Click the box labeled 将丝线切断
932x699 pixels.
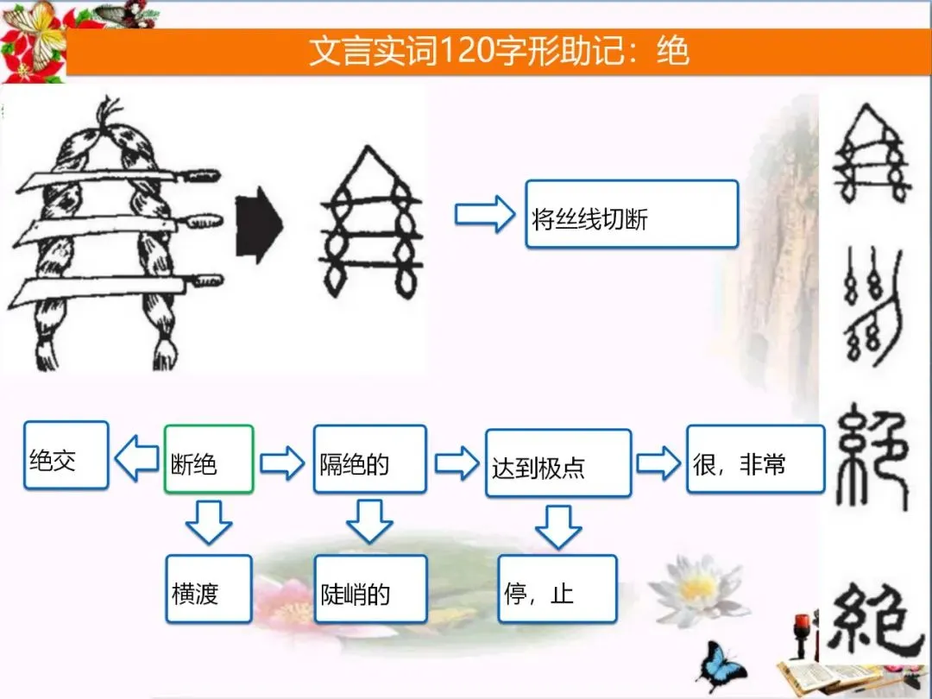point(632,214)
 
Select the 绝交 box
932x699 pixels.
point(66,455)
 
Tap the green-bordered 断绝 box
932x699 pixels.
point(209,459)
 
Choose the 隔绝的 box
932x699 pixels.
point(369,463)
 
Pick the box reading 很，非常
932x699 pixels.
point(755,459)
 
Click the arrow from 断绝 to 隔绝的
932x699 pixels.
point(282,463)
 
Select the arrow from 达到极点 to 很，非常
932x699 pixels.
point(658,463)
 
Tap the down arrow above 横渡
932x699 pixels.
point(209,522)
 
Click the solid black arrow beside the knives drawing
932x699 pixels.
point(259,226)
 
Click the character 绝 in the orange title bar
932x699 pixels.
point(672,52)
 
